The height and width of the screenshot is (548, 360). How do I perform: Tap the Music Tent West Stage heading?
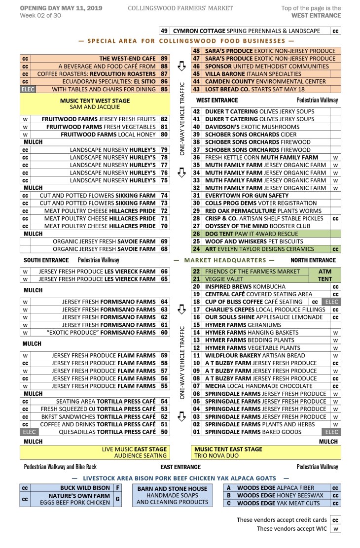[x=95, y=100]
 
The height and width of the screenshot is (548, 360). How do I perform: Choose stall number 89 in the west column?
[x=164, y=59]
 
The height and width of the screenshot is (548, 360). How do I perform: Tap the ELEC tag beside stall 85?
[x=25, y=89]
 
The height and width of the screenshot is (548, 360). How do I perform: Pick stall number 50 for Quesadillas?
[x=164, y=432]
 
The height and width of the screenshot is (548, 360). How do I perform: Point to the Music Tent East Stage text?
[x=228, y=449]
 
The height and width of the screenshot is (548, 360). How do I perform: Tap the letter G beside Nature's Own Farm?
[x=117, y=499]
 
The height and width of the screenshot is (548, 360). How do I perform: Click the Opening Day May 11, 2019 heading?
[x=61, y=8]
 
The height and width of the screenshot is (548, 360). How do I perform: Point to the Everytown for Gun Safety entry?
[x=247, y=196]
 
